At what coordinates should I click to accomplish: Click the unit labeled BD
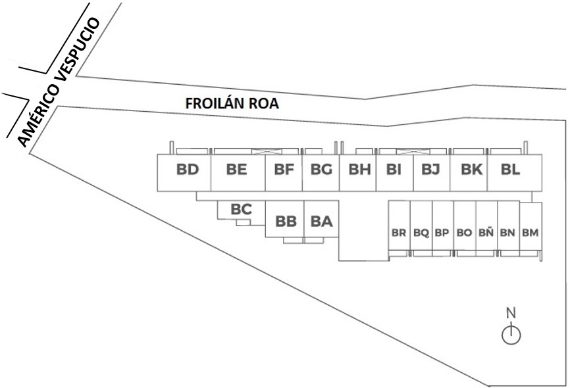pyautogui.click(x=188, y=170)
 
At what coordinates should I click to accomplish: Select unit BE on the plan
pyautogui.click(x=236, y=170)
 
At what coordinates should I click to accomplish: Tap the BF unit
pyautogui.click(x=284, y=170)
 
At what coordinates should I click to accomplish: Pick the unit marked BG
pyautogui.click(x=321, y=170)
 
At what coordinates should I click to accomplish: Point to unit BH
pyautogui.click(x=359, y=170)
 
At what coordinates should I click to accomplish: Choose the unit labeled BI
pyautogui.click(x=394, y=170)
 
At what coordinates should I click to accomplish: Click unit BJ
pyautogui.click(x=430, y=170)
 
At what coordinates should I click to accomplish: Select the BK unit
pyautogui.click(x=471, y=170)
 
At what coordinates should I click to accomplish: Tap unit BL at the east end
pyautogui.click(x=510, y=170)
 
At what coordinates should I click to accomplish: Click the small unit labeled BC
pyautogui.click(x=242, y=210)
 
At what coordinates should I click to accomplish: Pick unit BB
pyautogui.click(x=286, y=222)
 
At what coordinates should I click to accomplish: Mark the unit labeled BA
pyautogui.click(x=321, y=222)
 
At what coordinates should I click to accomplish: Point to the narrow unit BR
pyautogui.click(x=399, y=233)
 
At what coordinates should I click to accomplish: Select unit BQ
pyautogui.click(x=421, y=233)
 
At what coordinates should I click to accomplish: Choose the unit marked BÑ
pyautogui.click(x=486, y=233)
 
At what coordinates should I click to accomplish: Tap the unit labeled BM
pyautogui.click(x=530, y=233)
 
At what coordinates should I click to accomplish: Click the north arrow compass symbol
pyautogui.click(x=511, y=335)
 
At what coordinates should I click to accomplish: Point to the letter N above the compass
pyautogui.click(x=511, y=312)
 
